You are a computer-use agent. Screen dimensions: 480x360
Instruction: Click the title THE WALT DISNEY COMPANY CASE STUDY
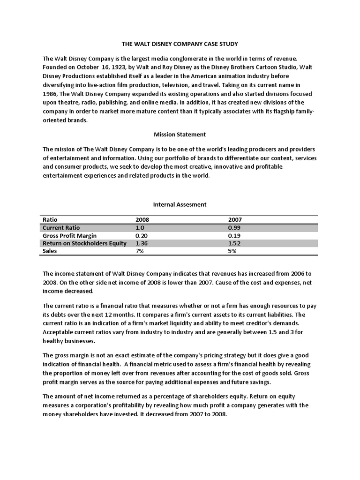pos(180,44)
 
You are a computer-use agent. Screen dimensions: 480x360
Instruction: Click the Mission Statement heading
pos(180,135)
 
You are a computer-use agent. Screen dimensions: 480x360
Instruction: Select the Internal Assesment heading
pos(180,204)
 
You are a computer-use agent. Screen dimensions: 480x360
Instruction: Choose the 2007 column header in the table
pos(235,219)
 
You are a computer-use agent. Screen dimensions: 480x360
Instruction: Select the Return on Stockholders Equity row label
pos(85,243)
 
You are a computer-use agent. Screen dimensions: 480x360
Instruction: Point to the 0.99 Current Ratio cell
pos(235,228)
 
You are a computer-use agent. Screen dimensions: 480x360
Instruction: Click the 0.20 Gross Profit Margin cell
pos(141,235)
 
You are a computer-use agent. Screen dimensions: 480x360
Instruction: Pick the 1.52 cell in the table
pos(235,243)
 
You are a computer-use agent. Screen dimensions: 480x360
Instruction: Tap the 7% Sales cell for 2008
pos(139,251)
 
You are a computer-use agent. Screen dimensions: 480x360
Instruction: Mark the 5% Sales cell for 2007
pos(232,251)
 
